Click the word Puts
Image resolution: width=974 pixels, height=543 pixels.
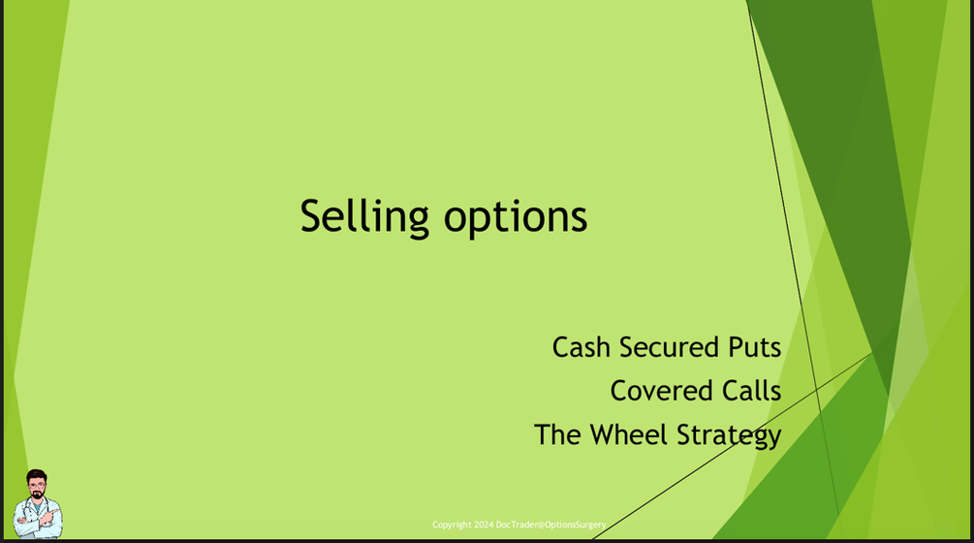click(752, 347)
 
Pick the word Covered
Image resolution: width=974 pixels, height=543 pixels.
click(655, 391)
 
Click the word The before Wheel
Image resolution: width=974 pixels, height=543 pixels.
click(557, 434)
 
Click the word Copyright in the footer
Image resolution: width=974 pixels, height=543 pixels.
click(452, 525)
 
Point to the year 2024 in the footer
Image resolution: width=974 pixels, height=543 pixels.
click(484, 525)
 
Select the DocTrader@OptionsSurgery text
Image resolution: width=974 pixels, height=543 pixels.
click(551, 525)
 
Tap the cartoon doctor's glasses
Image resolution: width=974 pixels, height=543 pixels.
click(37, 486)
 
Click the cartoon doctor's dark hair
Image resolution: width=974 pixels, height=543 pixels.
click(37, 475)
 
